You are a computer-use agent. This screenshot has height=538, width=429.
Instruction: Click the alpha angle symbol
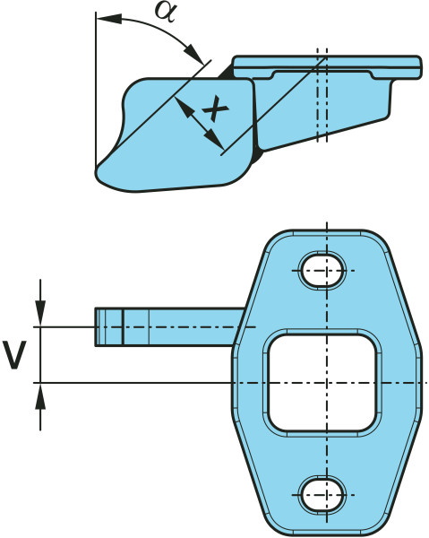point(166,12)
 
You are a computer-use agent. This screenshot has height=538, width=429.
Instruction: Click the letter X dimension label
point(215,109)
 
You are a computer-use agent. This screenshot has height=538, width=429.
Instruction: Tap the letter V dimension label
point(14,355)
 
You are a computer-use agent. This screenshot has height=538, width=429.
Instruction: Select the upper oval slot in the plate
point(322,271)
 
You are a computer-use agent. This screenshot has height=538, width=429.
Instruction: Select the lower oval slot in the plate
point(322,495)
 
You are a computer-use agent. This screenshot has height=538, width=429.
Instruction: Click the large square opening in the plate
point(322,383)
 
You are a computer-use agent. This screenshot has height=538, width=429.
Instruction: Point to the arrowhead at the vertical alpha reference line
point(109,19)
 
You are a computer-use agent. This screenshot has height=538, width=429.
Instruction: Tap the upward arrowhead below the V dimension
point(40,396)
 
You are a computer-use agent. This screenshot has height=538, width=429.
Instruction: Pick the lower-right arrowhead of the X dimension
point(213,140)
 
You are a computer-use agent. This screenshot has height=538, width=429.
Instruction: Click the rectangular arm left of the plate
point(169,327)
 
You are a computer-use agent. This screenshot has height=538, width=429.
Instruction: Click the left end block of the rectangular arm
point(108,327)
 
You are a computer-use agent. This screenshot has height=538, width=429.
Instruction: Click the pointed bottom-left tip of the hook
point(97,169)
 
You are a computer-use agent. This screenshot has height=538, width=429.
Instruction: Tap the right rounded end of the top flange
point(418,67)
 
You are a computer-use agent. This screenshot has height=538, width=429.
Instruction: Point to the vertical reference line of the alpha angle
point(96,90)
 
